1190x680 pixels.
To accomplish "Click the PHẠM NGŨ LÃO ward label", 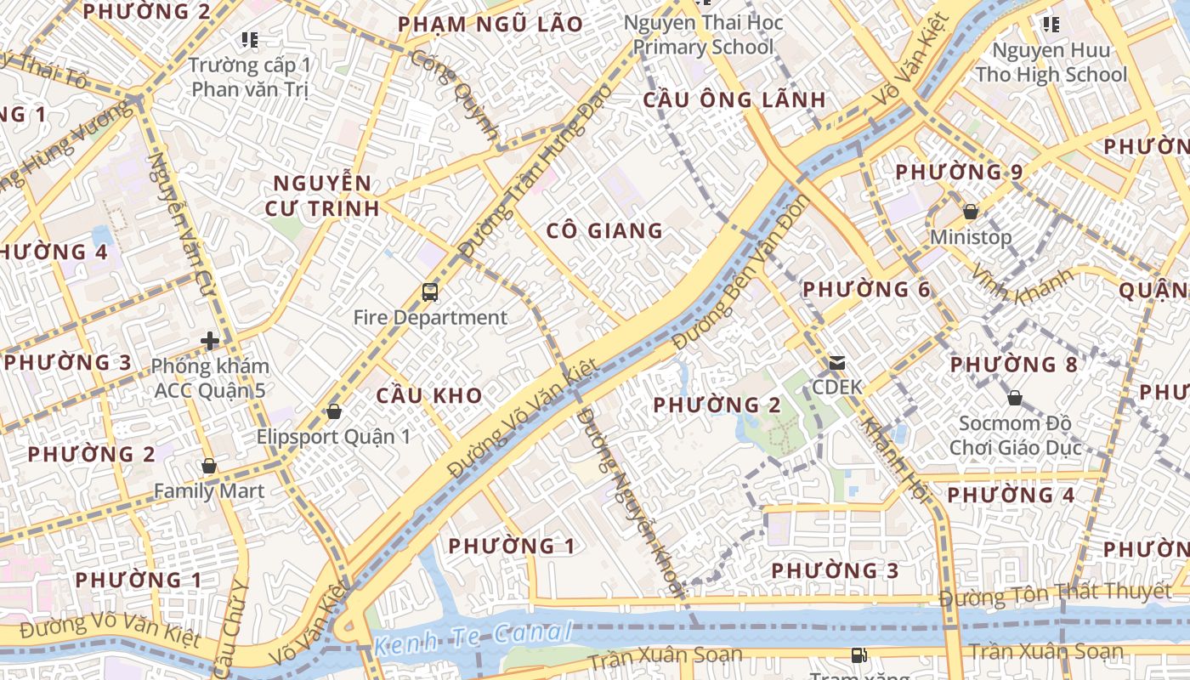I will pos(490,24).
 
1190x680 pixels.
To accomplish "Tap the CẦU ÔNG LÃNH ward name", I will pos(734,99).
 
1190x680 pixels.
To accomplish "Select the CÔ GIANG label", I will pos(604,230).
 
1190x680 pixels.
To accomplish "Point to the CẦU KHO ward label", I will pos(429,395).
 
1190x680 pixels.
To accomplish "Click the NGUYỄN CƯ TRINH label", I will pos(322,195).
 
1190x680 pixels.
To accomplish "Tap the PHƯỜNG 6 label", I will pos(867,289).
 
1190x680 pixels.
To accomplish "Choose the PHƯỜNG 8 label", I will pos(1013,365).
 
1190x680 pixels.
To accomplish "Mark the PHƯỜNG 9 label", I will pos(960,172).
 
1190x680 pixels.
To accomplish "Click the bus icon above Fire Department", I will pos(430,292).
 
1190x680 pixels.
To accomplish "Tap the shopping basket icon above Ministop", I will pos(970,211).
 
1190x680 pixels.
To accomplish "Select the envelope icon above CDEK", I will pos(837,363).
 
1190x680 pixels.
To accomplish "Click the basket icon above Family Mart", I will pos(209,466).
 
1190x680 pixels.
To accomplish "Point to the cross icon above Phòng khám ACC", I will pos(210,341).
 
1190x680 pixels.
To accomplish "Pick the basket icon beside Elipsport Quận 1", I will pos(333,411).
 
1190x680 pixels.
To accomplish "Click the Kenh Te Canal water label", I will pos(473,637).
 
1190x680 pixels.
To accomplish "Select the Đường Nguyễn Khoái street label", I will pos(629,501).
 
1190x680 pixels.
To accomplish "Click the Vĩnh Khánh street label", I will pos(1022,286).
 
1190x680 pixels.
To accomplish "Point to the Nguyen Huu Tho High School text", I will pos(1051,62).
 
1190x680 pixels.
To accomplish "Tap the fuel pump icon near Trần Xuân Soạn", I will pos(858,655).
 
